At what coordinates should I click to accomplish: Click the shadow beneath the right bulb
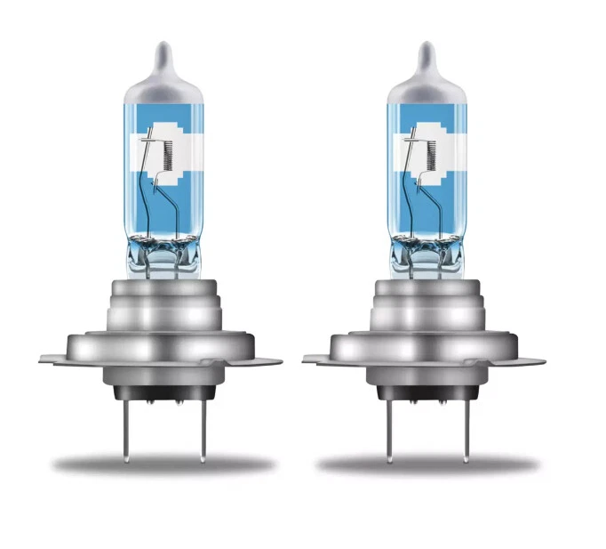coord(427,464)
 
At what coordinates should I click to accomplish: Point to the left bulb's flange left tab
coord(53,359)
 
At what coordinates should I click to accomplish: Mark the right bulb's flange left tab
coord(316,359)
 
